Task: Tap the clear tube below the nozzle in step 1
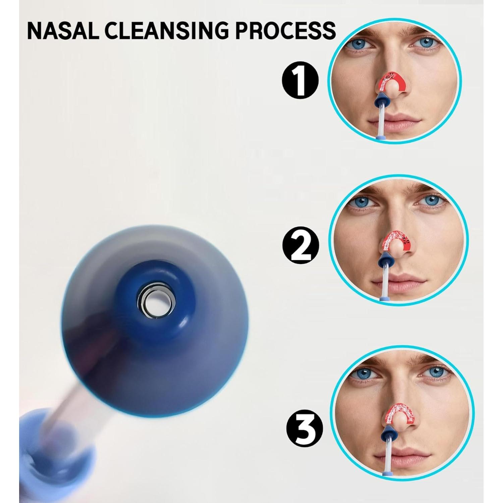pyautogui.click(x=380, y=117)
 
